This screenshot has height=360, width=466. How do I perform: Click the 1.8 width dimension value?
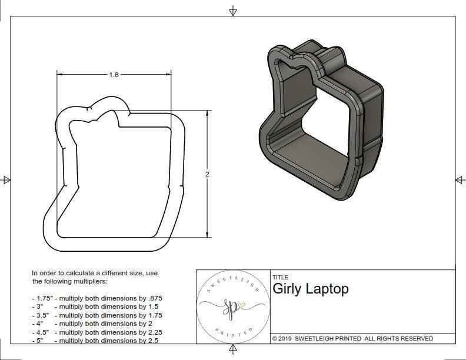114,75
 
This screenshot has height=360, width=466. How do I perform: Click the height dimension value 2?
208,174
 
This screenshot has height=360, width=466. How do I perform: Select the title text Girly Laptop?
310,289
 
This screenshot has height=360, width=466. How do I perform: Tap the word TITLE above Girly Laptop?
280,277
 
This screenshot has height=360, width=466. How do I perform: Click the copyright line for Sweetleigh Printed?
352,338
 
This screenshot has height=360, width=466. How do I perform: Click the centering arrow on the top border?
233,11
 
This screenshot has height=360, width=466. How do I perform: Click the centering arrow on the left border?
6,180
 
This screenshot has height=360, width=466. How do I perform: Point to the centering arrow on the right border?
459,180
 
